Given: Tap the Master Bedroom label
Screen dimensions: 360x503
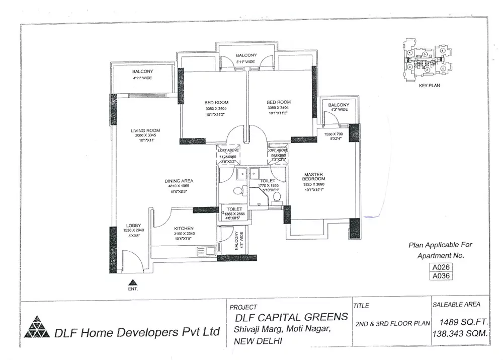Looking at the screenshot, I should (x=314, y=177).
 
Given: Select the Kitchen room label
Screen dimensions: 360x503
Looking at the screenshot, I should (x=184, y=228).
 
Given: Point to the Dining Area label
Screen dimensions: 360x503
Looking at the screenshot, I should (x=179, y=181).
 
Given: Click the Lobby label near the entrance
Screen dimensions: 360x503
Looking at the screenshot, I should (x=133, y=226).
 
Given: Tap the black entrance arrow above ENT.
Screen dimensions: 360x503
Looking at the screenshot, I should (x=133, y=282).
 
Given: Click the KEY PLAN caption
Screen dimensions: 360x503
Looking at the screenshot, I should (x=429, y=86).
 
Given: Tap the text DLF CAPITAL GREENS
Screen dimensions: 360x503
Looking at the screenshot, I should (x=291, y=317).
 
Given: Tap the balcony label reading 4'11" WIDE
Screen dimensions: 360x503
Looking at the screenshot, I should (x=142, y=78).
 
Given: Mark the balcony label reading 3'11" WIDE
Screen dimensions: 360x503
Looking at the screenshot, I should (x=246, y=62).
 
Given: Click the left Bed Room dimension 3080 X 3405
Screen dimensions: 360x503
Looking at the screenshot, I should (x=216, y=108).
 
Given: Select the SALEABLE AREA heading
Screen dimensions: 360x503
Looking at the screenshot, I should (x=456, y=305).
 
